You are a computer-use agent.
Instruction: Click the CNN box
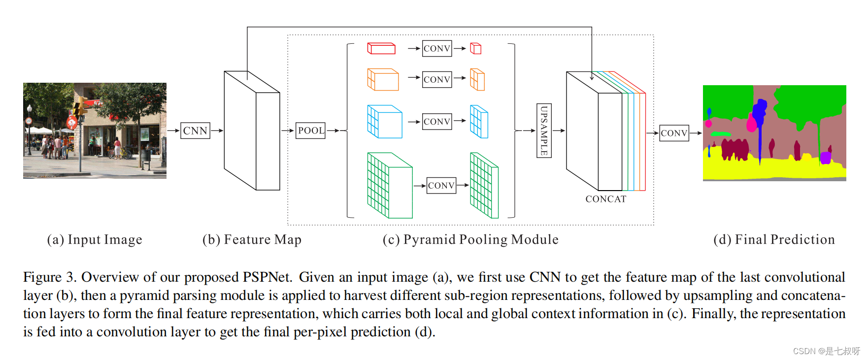[x=195, y=131]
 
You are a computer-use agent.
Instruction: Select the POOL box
[x=310, y=131]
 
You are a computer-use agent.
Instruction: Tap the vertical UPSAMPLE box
[x=544, y=131]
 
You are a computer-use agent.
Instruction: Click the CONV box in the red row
[x=437, y=48]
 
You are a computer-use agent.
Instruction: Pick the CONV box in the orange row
[x=437, y=79]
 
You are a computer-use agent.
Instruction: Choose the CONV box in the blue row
[x=437, y=121]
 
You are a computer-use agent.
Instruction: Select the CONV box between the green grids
[x=441, y=185]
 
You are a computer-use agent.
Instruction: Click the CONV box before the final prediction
[x=674, y=133]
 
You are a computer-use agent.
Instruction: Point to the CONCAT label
[x=605, y=199]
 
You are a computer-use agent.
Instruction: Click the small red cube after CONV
[x=475, y=48]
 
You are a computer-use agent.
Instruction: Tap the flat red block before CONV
[x=381, y=48]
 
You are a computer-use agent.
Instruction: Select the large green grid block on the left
[x=389, y=186]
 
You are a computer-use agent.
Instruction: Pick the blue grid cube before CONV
[x=384, y=122]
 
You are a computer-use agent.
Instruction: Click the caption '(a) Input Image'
[x=95, y=239]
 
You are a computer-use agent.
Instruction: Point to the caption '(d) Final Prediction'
[x=774, y=239]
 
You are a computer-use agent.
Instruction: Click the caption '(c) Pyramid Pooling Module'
[x=470, y=239]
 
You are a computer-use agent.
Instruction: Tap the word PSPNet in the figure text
[x=267, y=277]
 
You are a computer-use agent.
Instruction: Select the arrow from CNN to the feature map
[x=217, y=131]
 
